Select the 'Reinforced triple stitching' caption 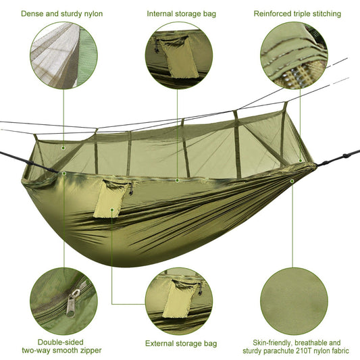pyautogui.click(x=297, y=14)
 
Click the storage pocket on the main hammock pyautogui.click(x=107, y=199)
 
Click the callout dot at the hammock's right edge pyautogui.click(x=292, y=180)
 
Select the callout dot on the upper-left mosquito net pyautogui.click(x=63, y=147)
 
